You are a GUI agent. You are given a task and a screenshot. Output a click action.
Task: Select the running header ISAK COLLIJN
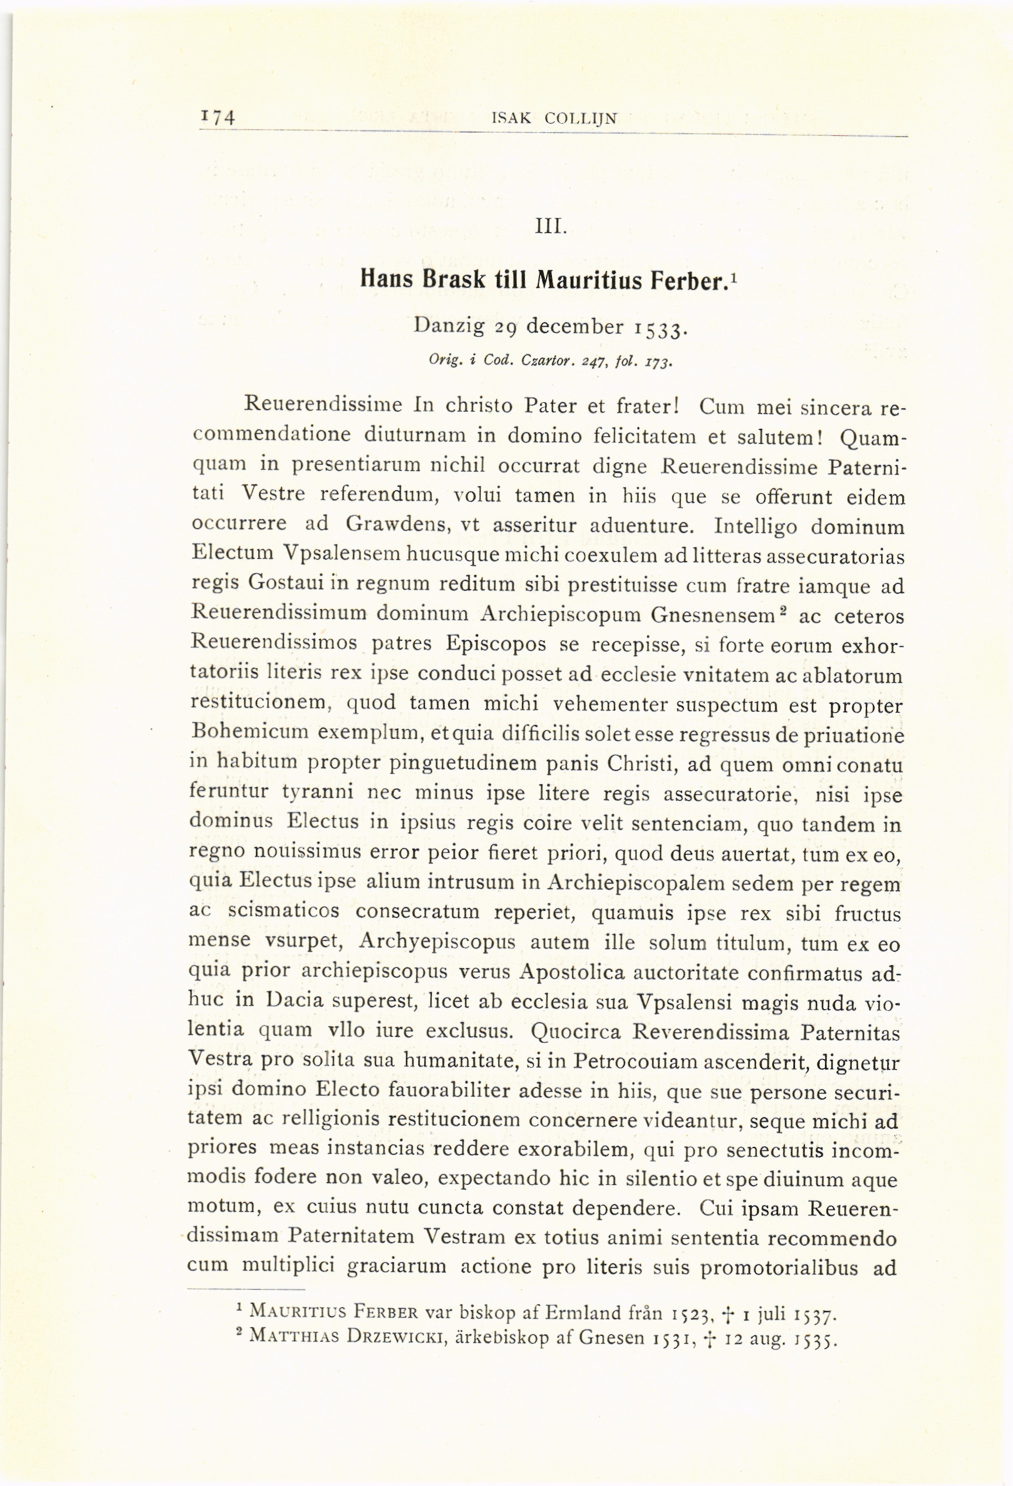click(x=554, y=118)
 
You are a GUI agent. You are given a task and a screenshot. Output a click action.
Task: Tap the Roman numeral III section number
click(x=551, y=228)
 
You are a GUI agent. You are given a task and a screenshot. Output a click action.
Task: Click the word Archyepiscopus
click(x=438, y=942)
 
